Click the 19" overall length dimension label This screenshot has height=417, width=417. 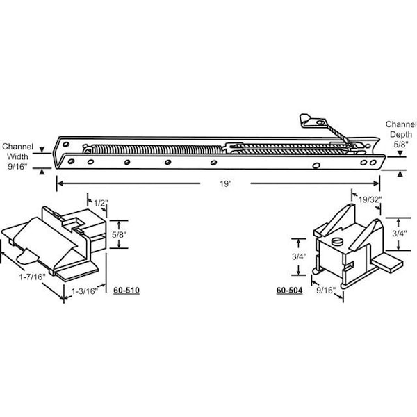coord(225,183)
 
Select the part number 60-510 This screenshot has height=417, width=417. coord(126,290)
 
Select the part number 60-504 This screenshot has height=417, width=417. coord(289,290)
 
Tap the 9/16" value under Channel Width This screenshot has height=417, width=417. coord(17,167)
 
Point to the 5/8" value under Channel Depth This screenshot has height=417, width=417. coord(401,145)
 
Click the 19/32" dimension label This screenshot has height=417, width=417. coord(370,199)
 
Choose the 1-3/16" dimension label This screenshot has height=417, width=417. coord(85,291)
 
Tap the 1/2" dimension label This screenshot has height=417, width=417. coord(101,203)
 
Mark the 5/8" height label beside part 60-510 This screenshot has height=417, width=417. coord(119,235)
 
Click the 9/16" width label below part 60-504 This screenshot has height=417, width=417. coord(326,290)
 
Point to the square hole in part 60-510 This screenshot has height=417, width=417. coord(74,221)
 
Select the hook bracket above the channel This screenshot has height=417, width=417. coord(313,121)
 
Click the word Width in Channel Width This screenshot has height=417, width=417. coord(17,156)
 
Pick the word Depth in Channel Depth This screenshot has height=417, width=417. coord(401,135)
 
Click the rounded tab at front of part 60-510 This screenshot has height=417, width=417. coord(27,256)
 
